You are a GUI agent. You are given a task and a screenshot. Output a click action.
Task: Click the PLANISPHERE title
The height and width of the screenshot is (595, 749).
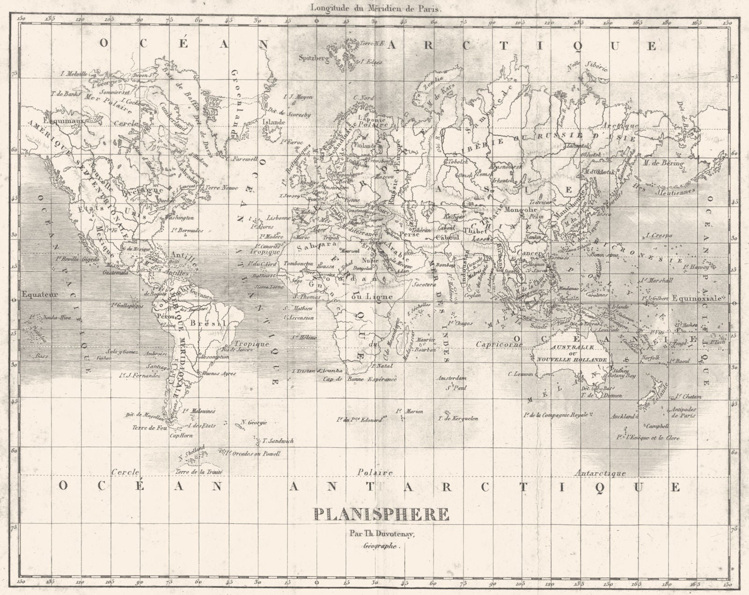(382, 515)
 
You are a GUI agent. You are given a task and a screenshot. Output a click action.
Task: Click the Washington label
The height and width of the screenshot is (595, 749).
(179, 218)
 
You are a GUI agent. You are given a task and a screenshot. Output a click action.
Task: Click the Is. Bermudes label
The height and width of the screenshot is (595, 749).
(187, 230)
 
